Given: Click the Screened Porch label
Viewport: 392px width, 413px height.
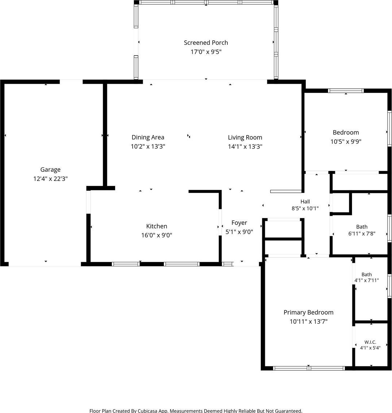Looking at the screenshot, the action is click(x=206, y=43).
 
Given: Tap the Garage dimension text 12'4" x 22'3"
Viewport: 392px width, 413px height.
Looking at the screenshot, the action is click(x=50, y=179).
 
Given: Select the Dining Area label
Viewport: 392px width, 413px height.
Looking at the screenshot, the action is click(x=148, y=137).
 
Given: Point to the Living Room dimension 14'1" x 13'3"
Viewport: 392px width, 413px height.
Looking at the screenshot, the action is click(x=245, y=146).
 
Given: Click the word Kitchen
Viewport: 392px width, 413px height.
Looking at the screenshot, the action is click(x=157, y=226).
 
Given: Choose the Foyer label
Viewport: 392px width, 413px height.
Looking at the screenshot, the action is click(x=239, y=223).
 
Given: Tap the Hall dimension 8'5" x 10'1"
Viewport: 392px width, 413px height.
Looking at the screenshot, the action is click(x=305, y=209).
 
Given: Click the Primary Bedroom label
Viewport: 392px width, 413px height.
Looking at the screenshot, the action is click(x=308, y=312).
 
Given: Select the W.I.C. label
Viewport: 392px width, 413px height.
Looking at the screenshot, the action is click(x=370, y=342).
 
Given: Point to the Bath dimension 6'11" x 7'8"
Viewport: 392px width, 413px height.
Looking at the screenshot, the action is click(x=362, y=233).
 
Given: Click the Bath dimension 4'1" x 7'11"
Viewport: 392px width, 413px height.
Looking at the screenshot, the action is click(x=367, y=280).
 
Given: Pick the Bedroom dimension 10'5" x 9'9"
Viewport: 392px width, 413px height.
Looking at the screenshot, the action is click(x=346, y=142).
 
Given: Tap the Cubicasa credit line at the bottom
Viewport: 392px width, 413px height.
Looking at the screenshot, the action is click(x=196, y=410).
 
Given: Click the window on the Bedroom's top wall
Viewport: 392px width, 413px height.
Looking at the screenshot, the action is click(x=346, y=91).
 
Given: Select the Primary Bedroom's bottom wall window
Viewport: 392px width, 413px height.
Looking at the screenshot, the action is click(x=309, y=368).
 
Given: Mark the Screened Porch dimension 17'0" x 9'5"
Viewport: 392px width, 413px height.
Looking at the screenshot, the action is click(x=206, y=52).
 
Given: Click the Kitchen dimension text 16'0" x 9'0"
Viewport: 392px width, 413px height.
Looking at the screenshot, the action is click(x=157, y=235).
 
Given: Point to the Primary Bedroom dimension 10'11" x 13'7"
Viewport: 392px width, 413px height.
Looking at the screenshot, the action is click(x=308, y=321).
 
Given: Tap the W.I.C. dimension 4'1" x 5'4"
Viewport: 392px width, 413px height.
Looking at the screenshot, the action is click(x=370, y=348).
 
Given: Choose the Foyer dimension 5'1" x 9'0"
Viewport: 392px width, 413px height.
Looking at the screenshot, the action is click(x=239, y=232).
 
